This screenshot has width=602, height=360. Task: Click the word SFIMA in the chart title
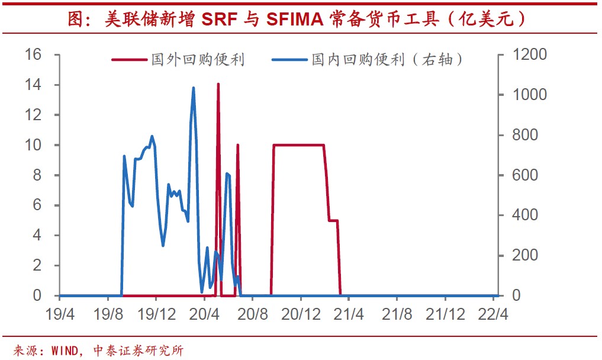294,19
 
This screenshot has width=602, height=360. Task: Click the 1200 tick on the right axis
530,55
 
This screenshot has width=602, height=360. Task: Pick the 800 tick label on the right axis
526,135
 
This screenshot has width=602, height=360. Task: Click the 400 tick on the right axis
526,215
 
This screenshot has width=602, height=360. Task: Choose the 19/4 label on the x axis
60,313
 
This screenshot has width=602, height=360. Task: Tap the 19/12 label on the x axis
156,313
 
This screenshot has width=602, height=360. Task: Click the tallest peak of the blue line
194,88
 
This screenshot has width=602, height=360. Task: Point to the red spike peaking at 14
218,84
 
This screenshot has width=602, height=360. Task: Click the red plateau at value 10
298,144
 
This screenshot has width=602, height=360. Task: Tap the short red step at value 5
333,220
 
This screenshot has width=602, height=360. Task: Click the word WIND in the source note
65,351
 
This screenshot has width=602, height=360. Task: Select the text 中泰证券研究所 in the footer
139,351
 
